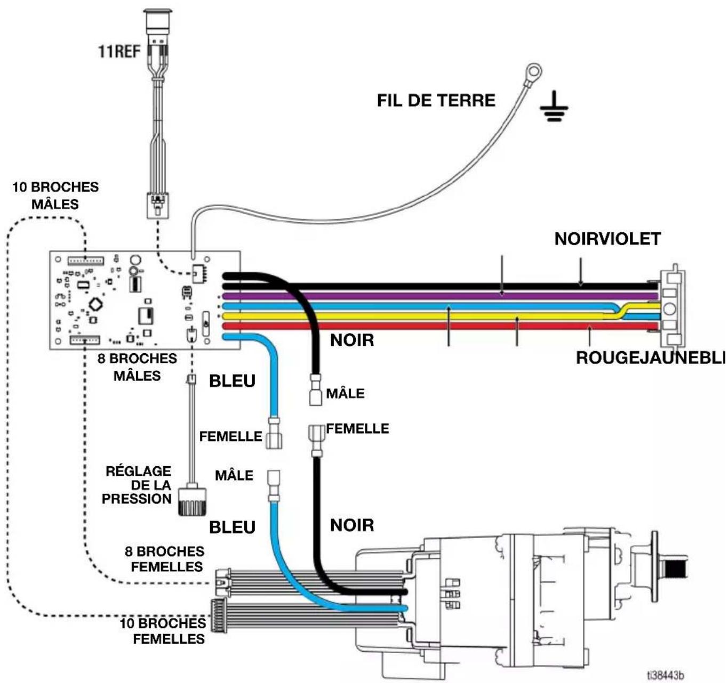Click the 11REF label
[119, 51]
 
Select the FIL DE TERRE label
[436, 100]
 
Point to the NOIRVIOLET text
[608, 239]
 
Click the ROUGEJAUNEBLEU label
[652, 358]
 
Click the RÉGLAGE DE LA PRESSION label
[137, 485]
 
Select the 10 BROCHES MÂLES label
[55, 196]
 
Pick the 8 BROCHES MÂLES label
[137, 367]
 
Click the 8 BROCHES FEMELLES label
[164, 559]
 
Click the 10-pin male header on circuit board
[86, 261]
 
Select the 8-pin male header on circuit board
[85, 340]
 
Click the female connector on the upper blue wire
[274, 433]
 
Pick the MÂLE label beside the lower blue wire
[234, 475]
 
